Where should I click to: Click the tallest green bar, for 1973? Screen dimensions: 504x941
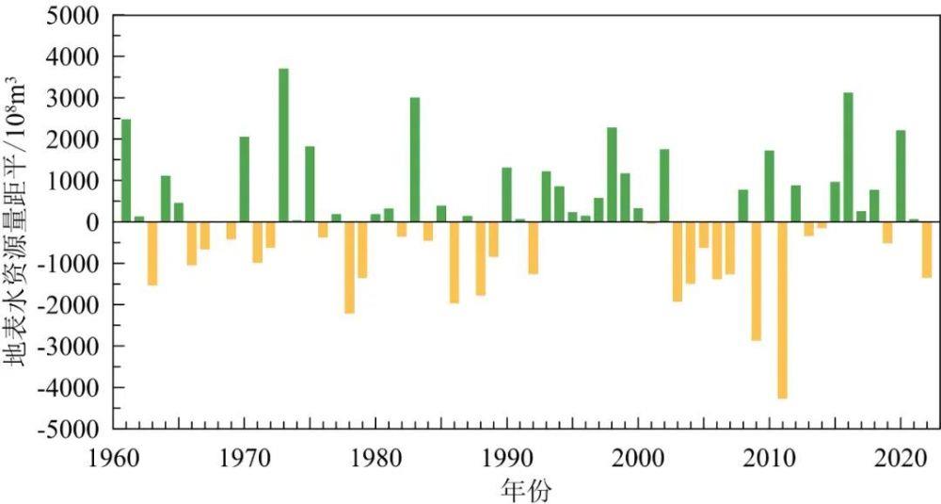tap(283, 145)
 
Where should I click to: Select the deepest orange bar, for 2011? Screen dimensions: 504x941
tap(782, 310)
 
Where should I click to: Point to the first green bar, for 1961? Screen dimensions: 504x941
tap(126, 170)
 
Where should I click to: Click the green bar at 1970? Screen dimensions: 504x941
tap(245, 179)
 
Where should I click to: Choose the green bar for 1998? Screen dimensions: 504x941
tap(612, 174)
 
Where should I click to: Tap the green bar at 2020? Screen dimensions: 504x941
tap(901, 175)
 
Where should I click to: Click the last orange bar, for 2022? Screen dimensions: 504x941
tap(927, 249)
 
